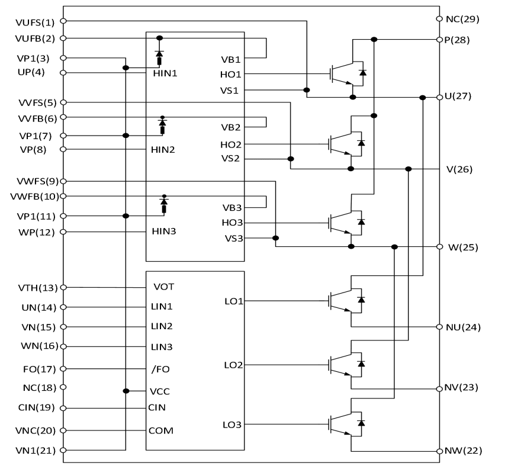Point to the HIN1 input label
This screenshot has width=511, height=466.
pos(164,73)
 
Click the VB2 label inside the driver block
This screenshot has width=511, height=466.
pos(231,127)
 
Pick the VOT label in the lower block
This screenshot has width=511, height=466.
pos(163,287)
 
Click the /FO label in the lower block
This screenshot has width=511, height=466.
pos(160,369)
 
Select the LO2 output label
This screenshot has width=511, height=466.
pos(233,365)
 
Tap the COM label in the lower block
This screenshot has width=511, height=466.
pos(161,430)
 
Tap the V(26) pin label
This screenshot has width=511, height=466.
pos(459,169)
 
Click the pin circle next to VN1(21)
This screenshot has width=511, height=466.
pos(63,451)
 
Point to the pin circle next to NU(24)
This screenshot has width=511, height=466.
pos(439,327)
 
